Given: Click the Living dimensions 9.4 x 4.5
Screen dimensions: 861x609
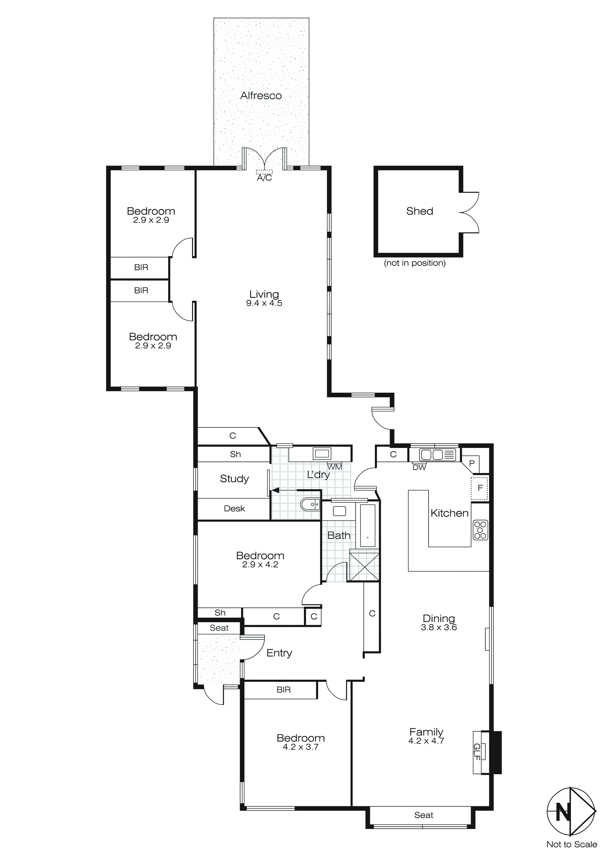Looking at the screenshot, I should click(264, 303).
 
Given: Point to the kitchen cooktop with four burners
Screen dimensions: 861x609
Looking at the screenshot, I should click(480, 530).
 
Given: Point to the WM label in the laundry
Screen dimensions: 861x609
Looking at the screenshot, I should click(335, 467).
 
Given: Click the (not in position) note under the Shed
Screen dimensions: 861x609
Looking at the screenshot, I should click(415, 263).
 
